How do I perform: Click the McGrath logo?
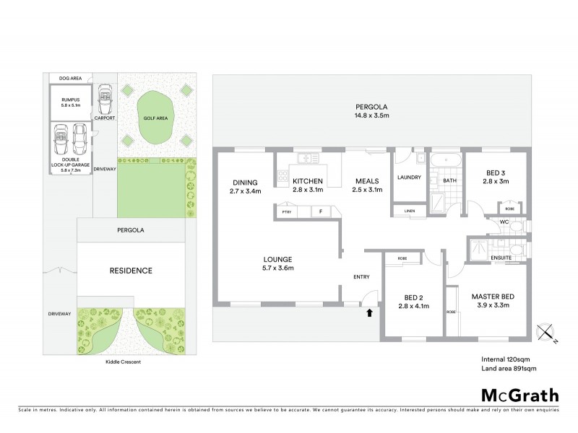click(x=519, y=395)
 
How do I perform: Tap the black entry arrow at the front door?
click(x=369, y=312)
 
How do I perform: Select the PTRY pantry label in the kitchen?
click(x=288, y=212)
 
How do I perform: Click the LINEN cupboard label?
click(x=410, y=211)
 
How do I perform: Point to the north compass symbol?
click(x=548, y=333)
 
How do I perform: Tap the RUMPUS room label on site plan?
click(x=70, y=100)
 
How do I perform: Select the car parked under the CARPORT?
click(x=105, y=99)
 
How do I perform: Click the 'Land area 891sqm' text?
click(x=508, y=368)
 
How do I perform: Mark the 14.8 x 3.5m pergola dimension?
click(x=371, y=115)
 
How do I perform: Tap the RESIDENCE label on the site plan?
click(x=131, y=271)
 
